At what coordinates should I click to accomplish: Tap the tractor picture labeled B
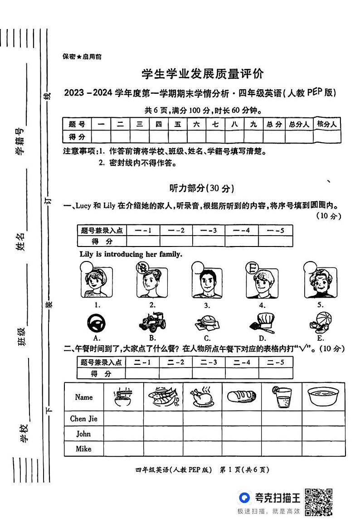click(152, 322)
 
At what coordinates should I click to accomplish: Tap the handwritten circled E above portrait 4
click(251, 268)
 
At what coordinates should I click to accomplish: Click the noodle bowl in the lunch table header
click(123, 397)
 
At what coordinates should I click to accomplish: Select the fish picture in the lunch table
click(163, 397)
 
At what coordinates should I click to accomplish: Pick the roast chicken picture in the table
click(202, 397)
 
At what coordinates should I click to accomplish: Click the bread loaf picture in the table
click(242, 397)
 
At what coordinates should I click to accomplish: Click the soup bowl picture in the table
click(324, 397)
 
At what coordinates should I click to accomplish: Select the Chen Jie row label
click(83, 419)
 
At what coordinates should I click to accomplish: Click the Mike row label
click(83, 449)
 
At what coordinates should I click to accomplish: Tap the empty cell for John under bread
click(242, 434)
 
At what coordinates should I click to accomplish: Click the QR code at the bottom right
click(319, 502)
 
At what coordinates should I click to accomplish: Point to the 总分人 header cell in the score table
click(299, 124)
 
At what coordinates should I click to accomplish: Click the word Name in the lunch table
click(84, 397)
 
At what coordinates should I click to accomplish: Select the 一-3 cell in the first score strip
click(209, 230)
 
